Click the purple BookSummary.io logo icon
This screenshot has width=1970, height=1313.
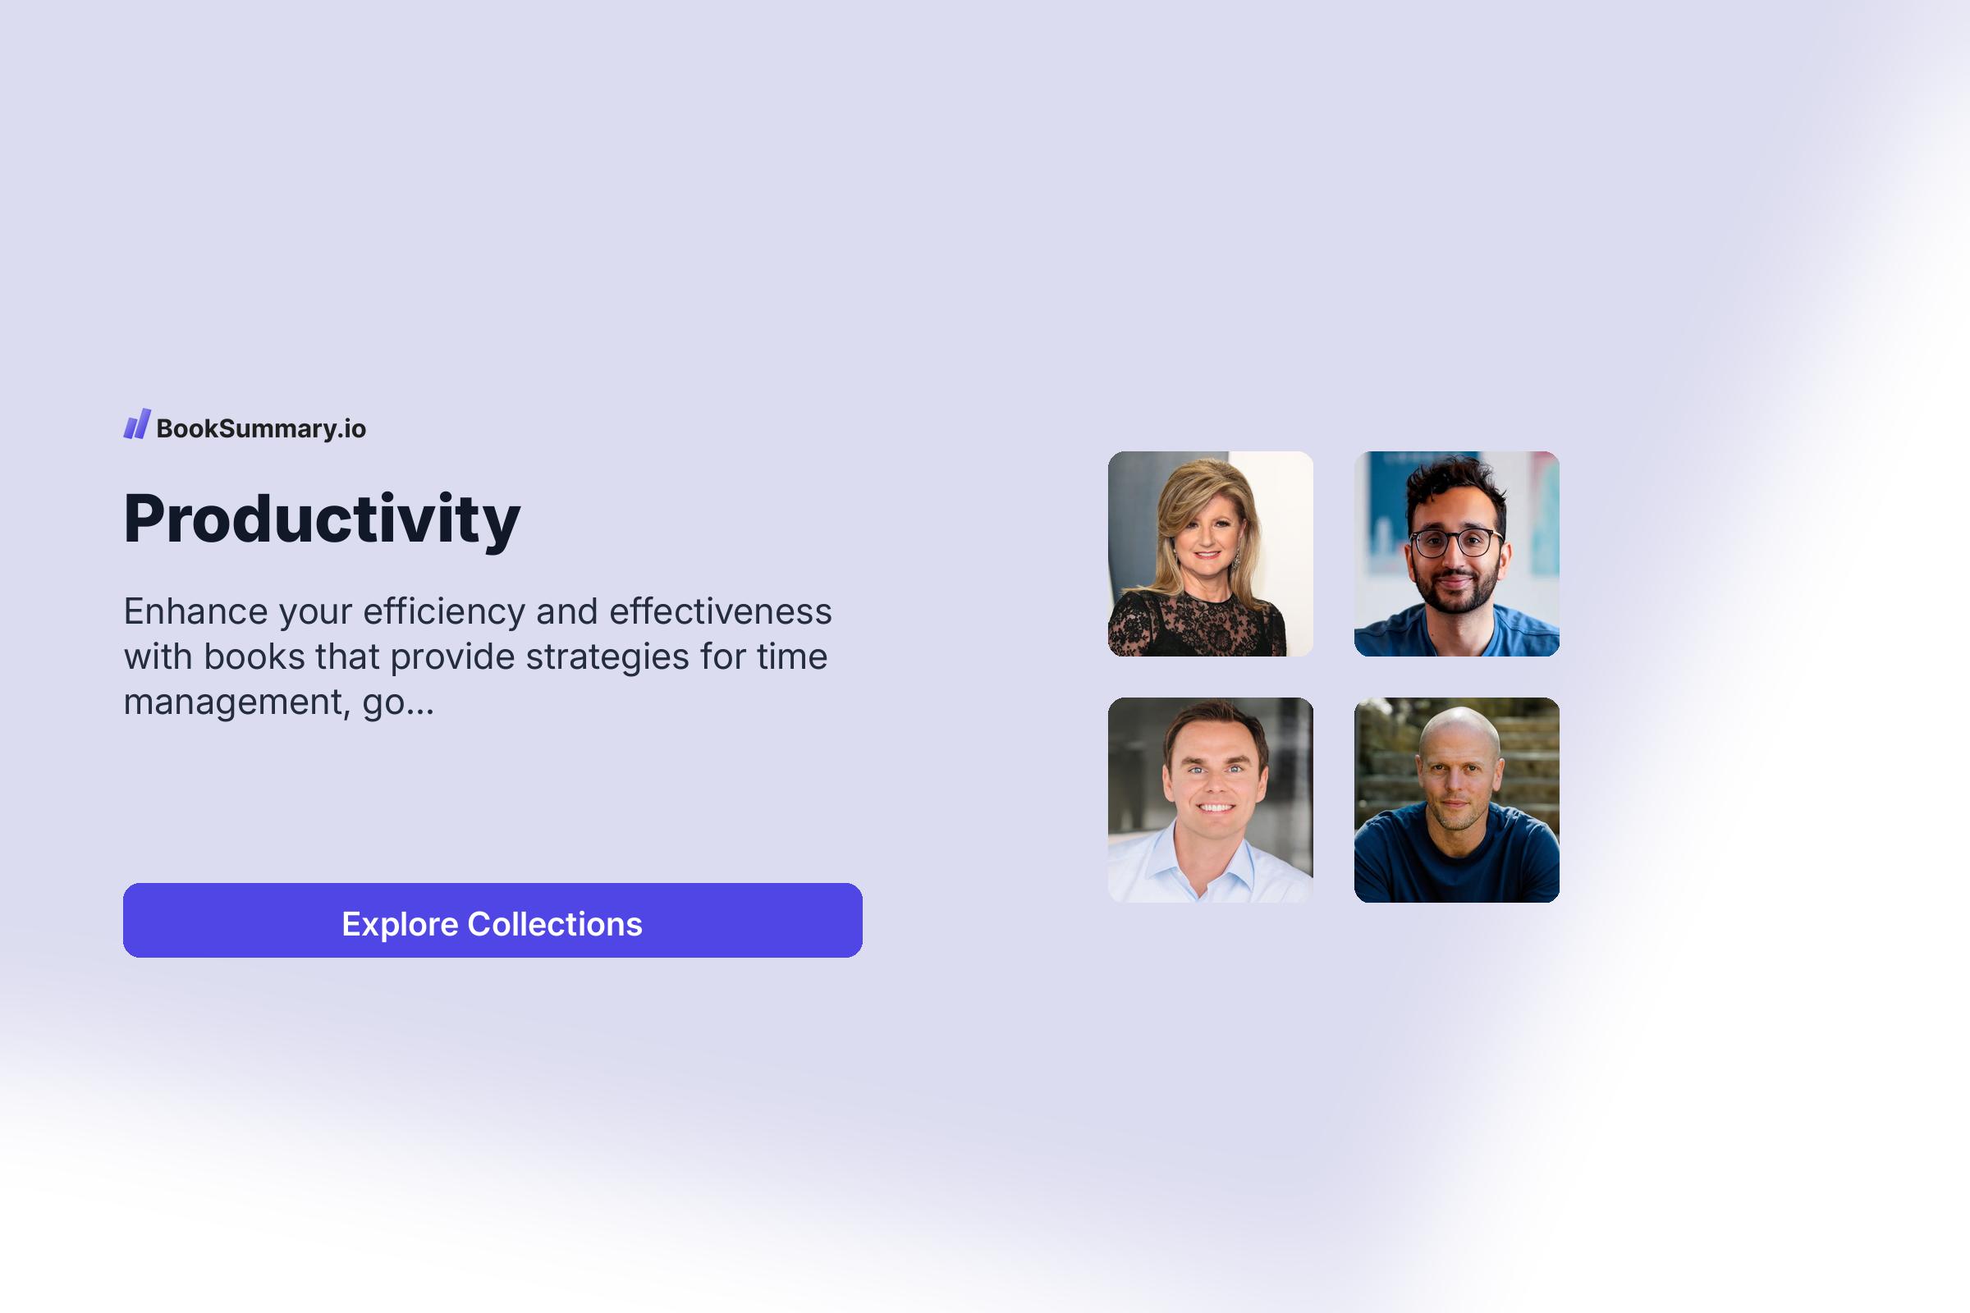pos(136,424)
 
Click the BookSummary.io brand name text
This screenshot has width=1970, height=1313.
pos(260,428)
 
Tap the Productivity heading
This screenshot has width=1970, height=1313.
pos(322,519)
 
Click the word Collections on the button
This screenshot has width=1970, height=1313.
pos(555,924)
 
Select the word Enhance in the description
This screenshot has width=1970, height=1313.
pos(195,611)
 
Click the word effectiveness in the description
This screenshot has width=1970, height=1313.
pos(721,611)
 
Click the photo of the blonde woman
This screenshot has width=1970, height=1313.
pos(1210,553)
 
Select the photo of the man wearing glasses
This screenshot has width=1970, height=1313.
pos(1456,553)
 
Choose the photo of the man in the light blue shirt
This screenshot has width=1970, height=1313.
pos(1210,799)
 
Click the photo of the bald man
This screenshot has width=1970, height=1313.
pos(1456,799)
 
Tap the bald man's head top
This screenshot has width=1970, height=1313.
pos(1459,723)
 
